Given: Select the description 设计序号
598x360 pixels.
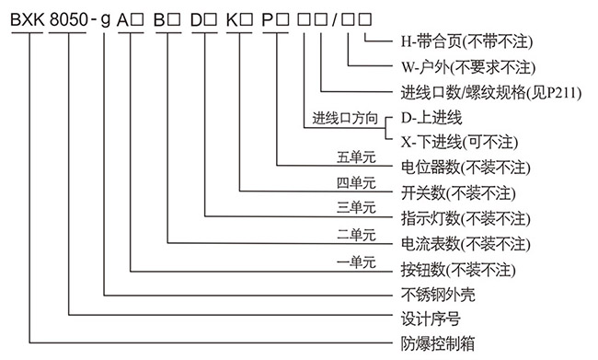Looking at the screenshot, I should (x=428, y=320).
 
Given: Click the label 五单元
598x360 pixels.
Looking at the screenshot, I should (x=357, y=160).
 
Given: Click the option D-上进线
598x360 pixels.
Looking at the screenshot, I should (x=431, y=118).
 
